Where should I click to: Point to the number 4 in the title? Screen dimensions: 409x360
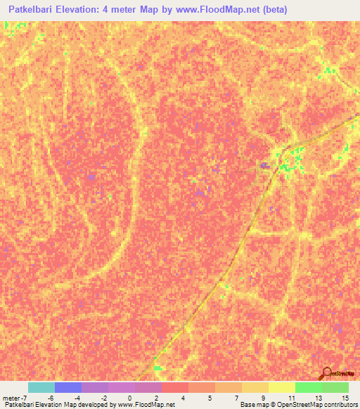point(131,10)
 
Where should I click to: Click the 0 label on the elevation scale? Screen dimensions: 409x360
point(129,398)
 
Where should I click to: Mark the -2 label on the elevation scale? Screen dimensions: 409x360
point(103,398)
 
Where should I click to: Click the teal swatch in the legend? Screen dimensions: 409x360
point(41,387)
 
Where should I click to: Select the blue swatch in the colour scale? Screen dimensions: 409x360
point(67,387)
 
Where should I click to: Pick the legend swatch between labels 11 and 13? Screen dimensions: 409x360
point(308,387)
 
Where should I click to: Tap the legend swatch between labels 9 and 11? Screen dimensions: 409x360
point(281,387)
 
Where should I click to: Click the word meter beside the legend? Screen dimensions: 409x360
point(11,398)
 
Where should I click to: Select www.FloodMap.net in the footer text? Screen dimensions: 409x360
point(146,405)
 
